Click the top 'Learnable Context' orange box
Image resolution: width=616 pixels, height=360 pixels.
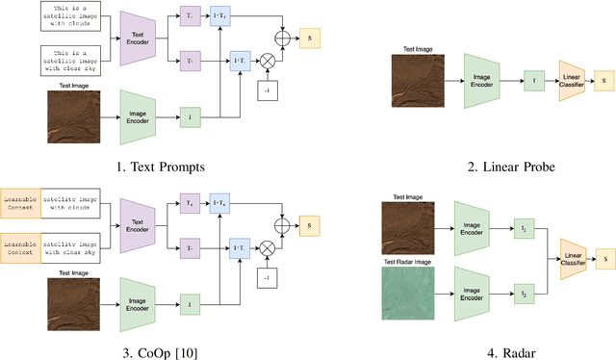click(21, 204)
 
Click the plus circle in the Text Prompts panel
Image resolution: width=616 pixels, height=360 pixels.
click(283, 39)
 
